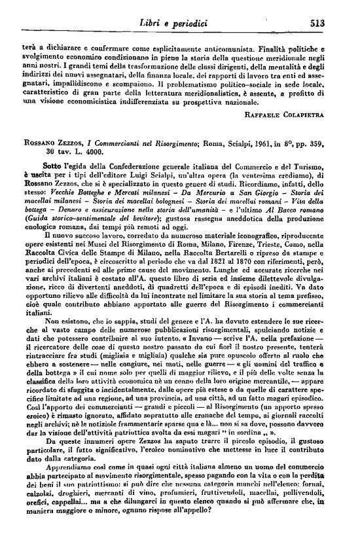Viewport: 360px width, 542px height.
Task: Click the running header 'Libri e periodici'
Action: [x=174, y=23]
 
